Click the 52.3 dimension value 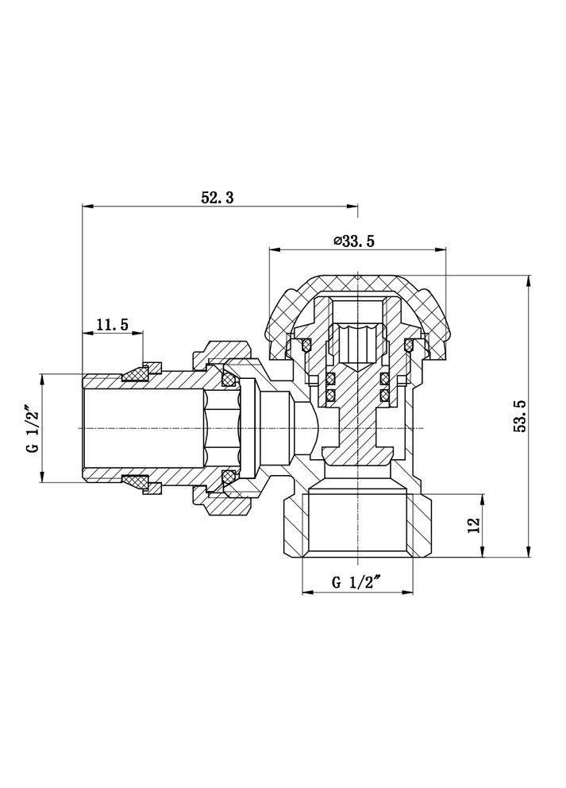click(x=217, y=198)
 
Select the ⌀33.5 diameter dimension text click(x=354, y=241)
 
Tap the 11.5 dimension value click(x=113, y=323)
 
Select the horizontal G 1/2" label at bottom click(x=356, y=581)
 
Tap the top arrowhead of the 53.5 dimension click(x=528, y=280)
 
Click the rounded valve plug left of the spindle click(x=304, y=427)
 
